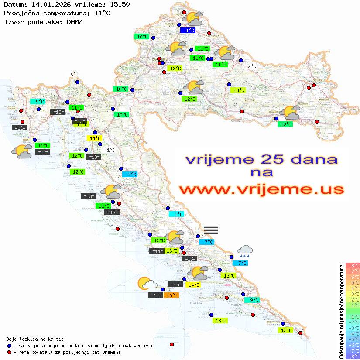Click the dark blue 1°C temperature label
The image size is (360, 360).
(x=190, y=31)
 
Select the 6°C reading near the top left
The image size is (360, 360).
(x=74, y=75)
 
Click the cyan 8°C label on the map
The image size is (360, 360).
(x=179, y=214)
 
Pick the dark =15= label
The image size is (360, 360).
(x=176, y=285)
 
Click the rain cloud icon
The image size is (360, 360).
(x=245, y=250)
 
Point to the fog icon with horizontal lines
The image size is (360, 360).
(x=211, y=230)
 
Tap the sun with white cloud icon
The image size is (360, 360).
(x=147, y=284)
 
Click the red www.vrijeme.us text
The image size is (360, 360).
(x=261, y=189)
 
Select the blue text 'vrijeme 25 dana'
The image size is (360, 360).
(x=261, y=159)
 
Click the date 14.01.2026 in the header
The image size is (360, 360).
(x=48, y=5)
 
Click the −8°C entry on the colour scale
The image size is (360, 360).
(x=353, y=357)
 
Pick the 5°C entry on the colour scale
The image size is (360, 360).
(x=353, y=282)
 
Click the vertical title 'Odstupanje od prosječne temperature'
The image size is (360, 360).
(x=341, y=311)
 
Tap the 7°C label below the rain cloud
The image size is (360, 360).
(x=240, y=263)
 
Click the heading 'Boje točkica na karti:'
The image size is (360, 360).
(x=35, y=339)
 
